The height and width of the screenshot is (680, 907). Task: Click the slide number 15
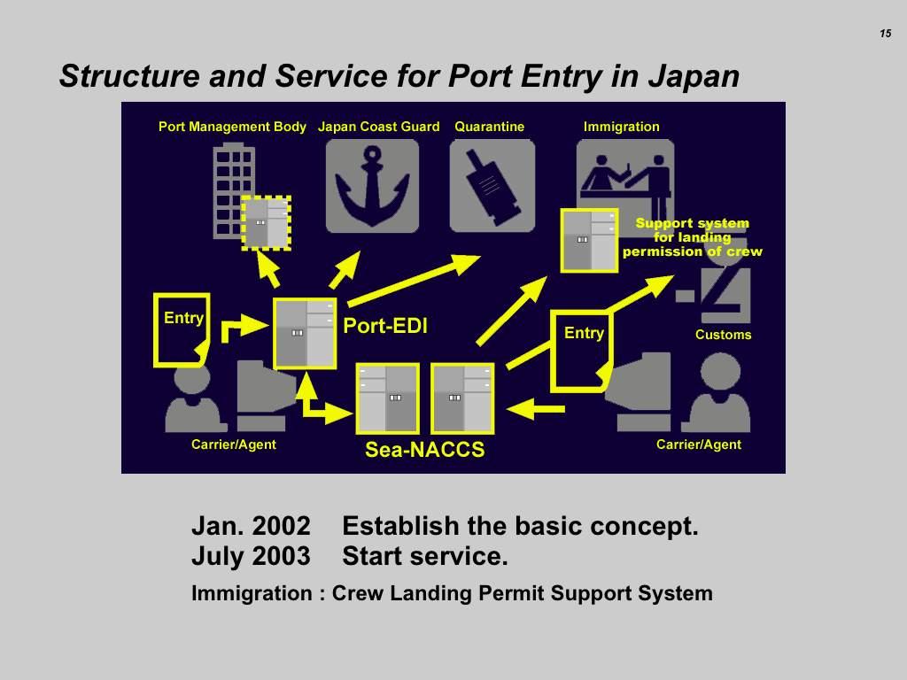pos(885,34)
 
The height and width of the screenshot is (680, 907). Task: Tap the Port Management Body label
pos(232,127)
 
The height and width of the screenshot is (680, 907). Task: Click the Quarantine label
pos(489,127)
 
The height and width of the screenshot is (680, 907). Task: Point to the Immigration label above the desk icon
pos(621,127)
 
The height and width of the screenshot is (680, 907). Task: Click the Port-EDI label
pos(385,326)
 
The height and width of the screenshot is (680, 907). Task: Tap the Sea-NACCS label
pos(424,450)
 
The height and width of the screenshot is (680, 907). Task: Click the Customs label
pos(723,335)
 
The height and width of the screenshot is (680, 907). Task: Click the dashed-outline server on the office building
pos(266,222)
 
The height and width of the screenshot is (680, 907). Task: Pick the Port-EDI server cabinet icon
pos(305,333)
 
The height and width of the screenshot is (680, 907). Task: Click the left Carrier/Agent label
pos(234,444)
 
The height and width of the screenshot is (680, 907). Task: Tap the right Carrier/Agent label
pos(698,444)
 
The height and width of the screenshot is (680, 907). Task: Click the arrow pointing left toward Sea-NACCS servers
pos(536,409)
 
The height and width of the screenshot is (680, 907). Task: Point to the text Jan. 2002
pos(251,526)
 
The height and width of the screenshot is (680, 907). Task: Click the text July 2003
pos(251,557)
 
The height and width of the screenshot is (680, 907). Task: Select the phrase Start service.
pos(425,557)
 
